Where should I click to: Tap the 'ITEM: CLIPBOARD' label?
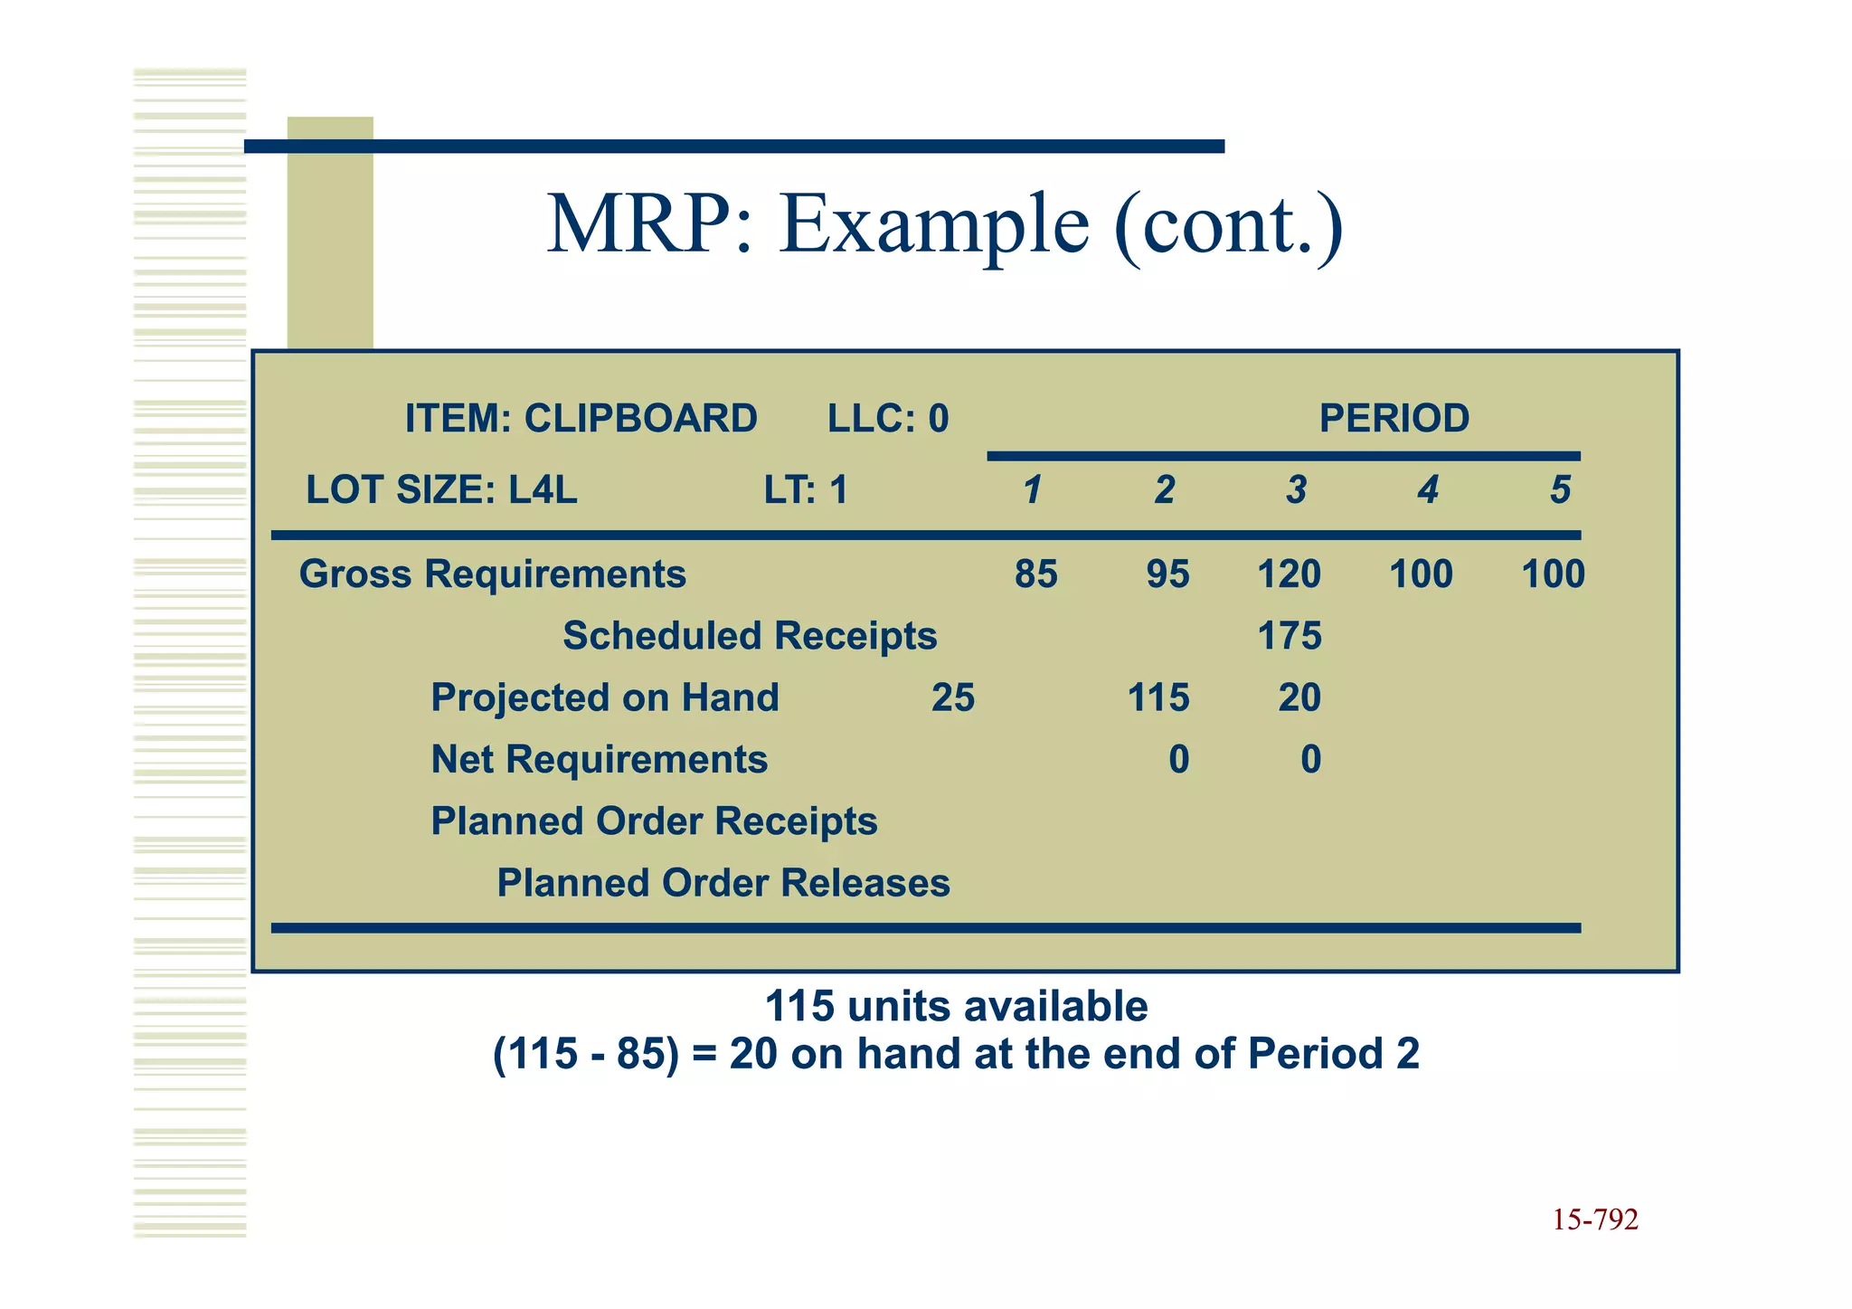(x=581, y=419)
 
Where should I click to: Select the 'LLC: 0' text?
(x=888, y=419)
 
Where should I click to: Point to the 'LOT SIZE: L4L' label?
(x=441, y=490)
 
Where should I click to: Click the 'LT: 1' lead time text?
(x=806, y=490)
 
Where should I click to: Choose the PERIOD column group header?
(x=1394, y=419)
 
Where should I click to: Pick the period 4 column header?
(x=1428, y=490)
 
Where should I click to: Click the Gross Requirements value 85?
(x=1035, y=574)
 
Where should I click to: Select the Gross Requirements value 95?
(x=1167, y=574)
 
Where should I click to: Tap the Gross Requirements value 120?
(x=1290, y=574)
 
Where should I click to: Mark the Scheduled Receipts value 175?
(x=1290, y=636)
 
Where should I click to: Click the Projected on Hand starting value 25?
(x=953, y=697)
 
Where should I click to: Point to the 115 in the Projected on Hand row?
(x=1158, y=697)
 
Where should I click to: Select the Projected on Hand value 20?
(x=1299, y=697)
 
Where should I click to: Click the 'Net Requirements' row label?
(x=599, y=759)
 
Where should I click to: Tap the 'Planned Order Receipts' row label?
(x=654, y=821)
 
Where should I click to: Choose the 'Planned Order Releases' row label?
(x=723, y=883)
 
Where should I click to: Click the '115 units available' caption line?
(x=956, y=1006)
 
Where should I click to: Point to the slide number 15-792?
(x=1595, y=1220)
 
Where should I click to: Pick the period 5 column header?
(x=1560, y=490)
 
